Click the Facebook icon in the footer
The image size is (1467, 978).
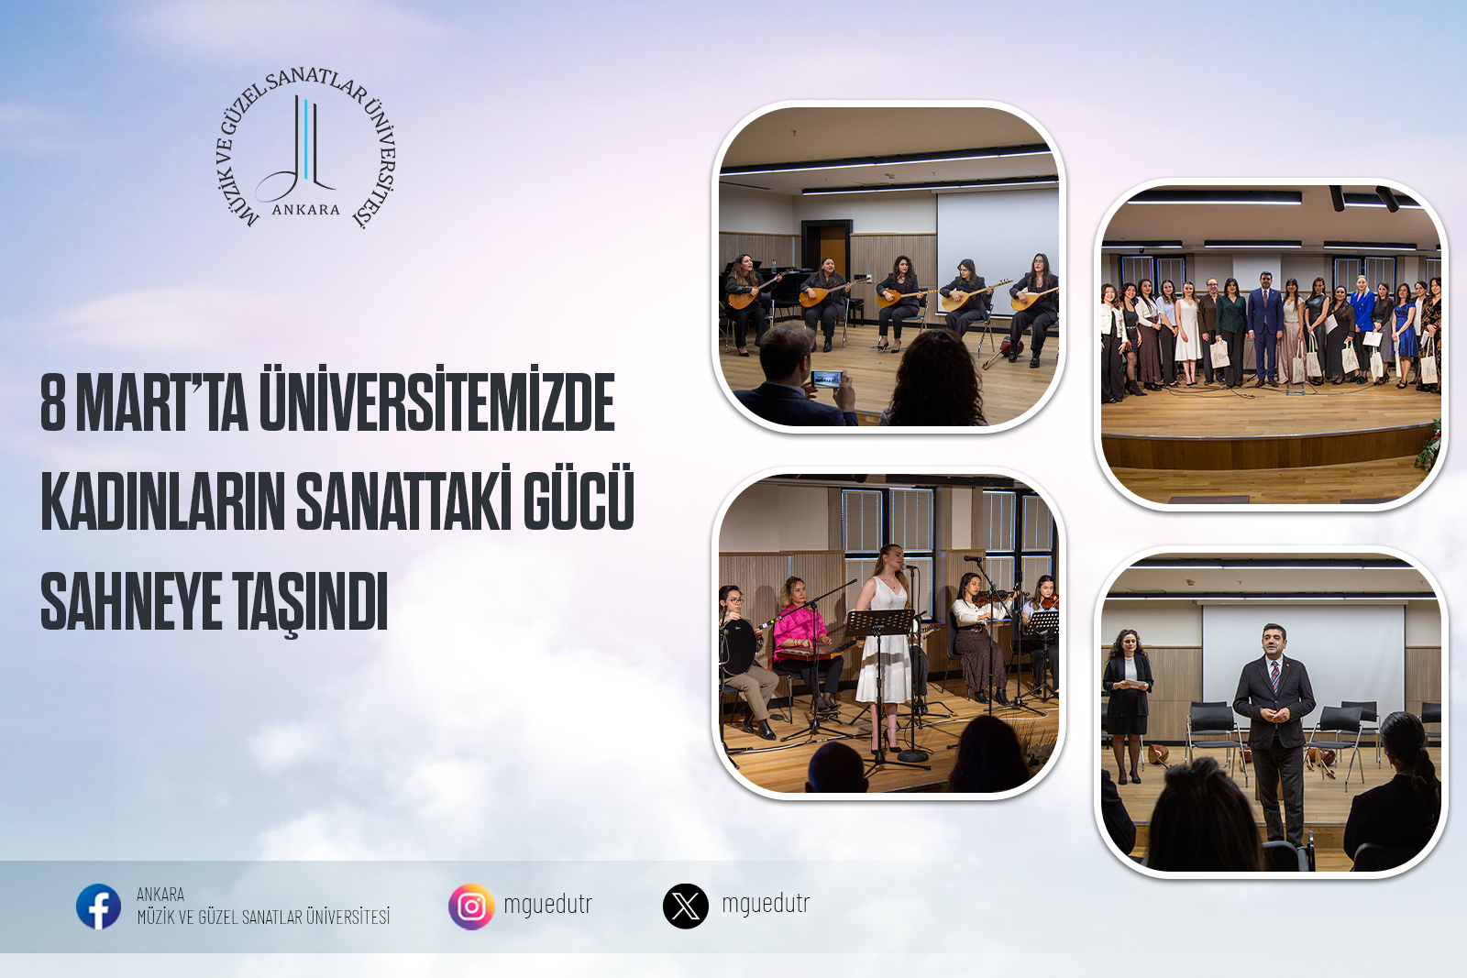click(98, 907)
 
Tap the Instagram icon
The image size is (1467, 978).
click(471, 907)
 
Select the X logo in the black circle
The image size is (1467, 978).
click(686, 907)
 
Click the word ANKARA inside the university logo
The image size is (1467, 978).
click(306, 210)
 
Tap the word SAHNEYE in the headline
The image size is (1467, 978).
click(131, 600)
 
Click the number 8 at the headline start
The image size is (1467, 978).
click(53, 402)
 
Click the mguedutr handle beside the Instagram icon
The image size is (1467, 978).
click(547, 904)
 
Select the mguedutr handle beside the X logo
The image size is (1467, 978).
click(766, 904)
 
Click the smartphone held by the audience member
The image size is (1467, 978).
click(826, 379)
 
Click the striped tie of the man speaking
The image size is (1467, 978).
click(1275, 676)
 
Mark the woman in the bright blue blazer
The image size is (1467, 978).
click(1362, 327)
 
